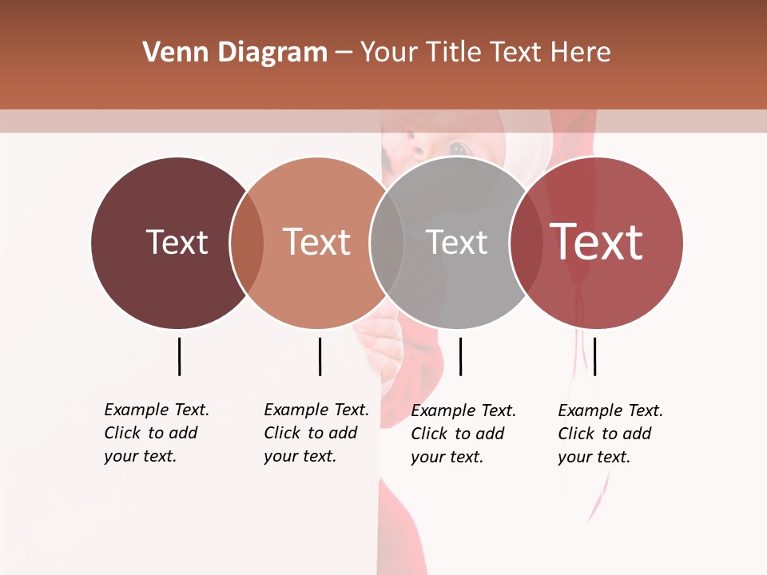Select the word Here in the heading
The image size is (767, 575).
tap(581, 53)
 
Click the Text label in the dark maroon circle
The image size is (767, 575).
tap(177, 242)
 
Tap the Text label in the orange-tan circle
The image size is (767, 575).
tap(317, 242)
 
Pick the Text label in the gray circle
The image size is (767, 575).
tap(457, 242)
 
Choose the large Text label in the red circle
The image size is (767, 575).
tap(597, 241)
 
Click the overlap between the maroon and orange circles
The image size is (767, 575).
tap(247, 243)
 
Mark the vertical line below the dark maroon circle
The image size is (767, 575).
tap(179, 356)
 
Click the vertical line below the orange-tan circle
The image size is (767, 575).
tap(320, 356)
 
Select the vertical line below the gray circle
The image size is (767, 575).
tap(461, 356)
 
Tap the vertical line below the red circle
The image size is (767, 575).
tap(595, 356)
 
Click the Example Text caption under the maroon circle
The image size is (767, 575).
tap(156, 433)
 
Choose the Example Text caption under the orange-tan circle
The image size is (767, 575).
tap(316, 433)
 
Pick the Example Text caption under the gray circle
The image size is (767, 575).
tap(463, 434)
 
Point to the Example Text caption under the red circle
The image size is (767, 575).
tap(610, 434)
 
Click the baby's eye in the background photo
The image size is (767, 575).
tap(459, 148)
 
